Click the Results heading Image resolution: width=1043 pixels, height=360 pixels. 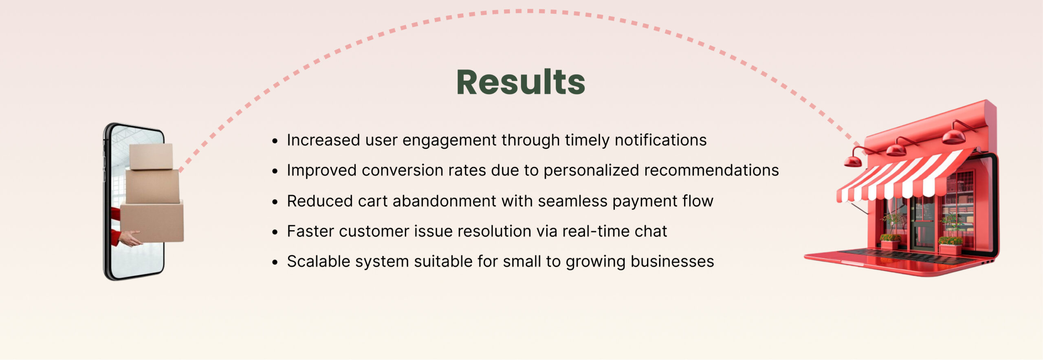tap(521, 82)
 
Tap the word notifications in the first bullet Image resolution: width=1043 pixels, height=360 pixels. tap(660, 140)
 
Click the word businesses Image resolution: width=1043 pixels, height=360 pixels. tap(672, 261)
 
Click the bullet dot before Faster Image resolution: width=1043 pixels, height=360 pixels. tap(275, 232)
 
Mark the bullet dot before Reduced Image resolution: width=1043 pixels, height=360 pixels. tap(275, 202)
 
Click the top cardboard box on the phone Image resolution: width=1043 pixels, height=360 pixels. tap(151, 156)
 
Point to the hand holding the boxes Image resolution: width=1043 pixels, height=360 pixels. tap(130, 238)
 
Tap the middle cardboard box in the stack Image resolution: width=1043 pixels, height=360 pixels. tap(152, 187)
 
